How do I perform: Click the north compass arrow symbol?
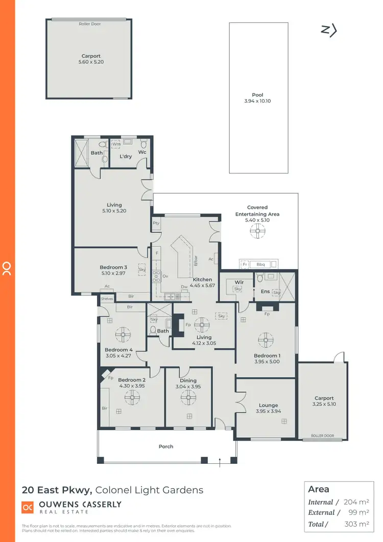(x=329, y=31)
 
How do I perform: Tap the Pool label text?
(x=257, y=95)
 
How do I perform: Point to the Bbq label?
(x=260, y=264)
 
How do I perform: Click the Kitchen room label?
(x=202, y=279)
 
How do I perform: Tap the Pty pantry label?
(x=156, y=223)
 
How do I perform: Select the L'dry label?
(x=126, y=156)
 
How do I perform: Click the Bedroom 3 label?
(x=113, y=267)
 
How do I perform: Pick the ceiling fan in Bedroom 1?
(x=265, y=339)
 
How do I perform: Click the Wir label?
(x=238, y=281)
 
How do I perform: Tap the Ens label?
(x=266, y=292)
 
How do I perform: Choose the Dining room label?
(x=188, y=381)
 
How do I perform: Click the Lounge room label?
(x=268, y=405)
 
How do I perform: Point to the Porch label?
(x=166, y=446)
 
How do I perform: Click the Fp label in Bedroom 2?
(x=111, y=379)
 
